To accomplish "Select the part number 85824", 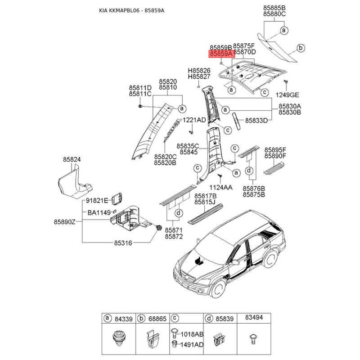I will pos(72,159).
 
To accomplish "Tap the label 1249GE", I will pos(288,95).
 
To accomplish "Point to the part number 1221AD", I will pos(194,120).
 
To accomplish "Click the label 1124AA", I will pos(221,187).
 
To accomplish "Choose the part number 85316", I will pos(122,243).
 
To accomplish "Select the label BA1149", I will pos(99,212).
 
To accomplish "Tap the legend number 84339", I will pos(123,319).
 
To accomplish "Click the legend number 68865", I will pos(157,319).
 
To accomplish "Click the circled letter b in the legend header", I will pos(141,319).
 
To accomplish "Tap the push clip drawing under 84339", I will pos(119,338).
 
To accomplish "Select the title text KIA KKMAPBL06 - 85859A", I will pos(131,10).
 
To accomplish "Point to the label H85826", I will pos(199,71).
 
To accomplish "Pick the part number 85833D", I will pos(256,121).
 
